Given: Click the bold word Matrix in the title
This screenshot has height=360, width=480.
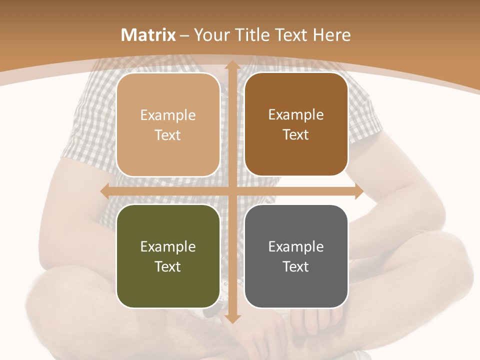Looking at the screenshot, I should click(148, 35).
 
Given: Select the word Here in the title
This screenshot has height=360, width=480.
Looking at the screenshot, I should click(331, 35).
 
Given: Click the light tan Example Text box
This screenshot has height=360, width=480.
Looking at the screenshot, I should click(168, 125).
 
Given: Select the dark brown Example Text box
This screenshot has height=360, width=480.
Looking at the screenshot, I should click(296, 124).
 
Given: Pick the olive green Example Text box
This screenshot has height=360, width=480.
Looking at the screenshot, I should click(168, 256).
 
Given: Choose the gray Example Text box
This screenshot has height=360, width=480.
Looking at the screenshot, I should click(296, 256).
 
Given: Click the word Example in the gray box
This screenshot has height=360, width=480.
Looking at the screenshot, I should click(296, 246).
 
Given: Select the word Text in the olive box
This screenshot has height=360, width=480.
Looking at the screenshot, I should click(168, 266).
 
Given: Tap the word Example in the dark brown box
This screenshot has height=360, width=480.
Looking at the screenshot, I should click(296, 115).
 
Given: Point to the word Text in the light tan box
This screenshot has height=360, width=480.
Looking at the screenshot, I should click(168, 135).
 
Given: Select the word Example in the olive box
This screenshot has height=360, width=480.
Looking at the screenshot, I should click(168, 246).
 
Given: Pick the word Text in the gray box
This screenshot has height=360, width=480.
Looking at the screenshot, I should click(296, 266).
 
